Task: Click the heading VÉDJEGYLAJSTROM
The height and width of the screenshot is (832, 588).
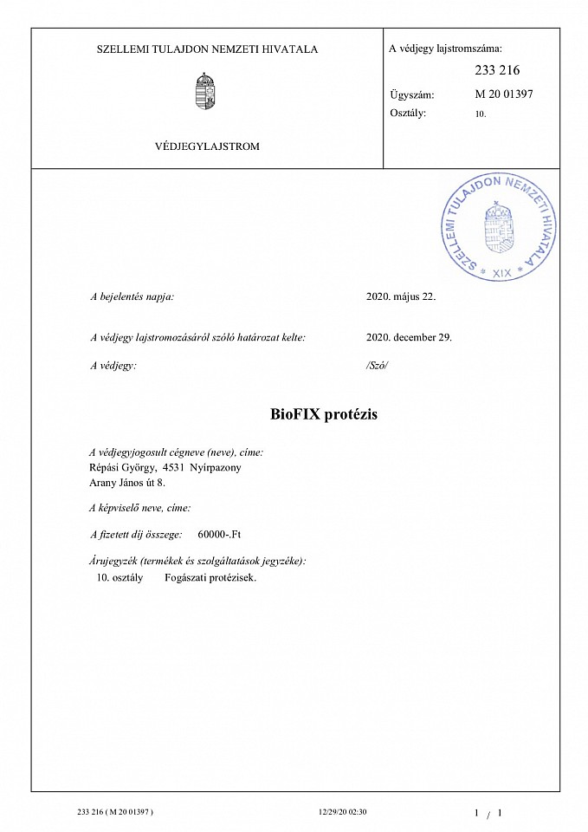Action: tap(207, 146)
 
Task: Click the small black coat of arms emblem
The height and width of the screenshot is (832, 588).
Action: tap(205, 91)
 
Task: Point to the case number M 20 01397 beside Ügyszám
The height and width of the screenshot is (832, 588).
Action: tap(504, 94)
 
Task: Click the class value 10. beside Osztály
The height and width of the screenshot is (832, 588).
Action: tap(481, 114)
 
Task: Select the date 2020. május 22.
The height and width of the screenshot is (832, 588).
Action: tap(402, 296)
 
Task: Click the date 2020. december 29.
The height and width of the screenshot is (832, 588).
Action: tap(410, 337)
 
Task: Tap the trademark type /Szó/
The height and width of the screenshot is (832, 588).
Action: tap(378, 366)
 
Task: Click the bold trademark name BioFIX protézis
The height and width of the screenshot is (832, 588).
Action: tap(324, 414)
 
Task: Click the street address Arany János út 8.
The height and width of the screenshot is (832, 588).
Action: tap(127, 483)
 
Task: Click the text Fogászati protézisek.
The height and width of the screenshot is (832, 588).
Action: tap(210, 577)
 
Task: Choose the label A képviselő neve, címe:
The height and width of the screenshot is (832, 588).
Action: tap(140, 509)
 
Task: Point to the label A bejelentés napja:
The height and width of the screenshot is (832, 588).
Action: tap(132, 296)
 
